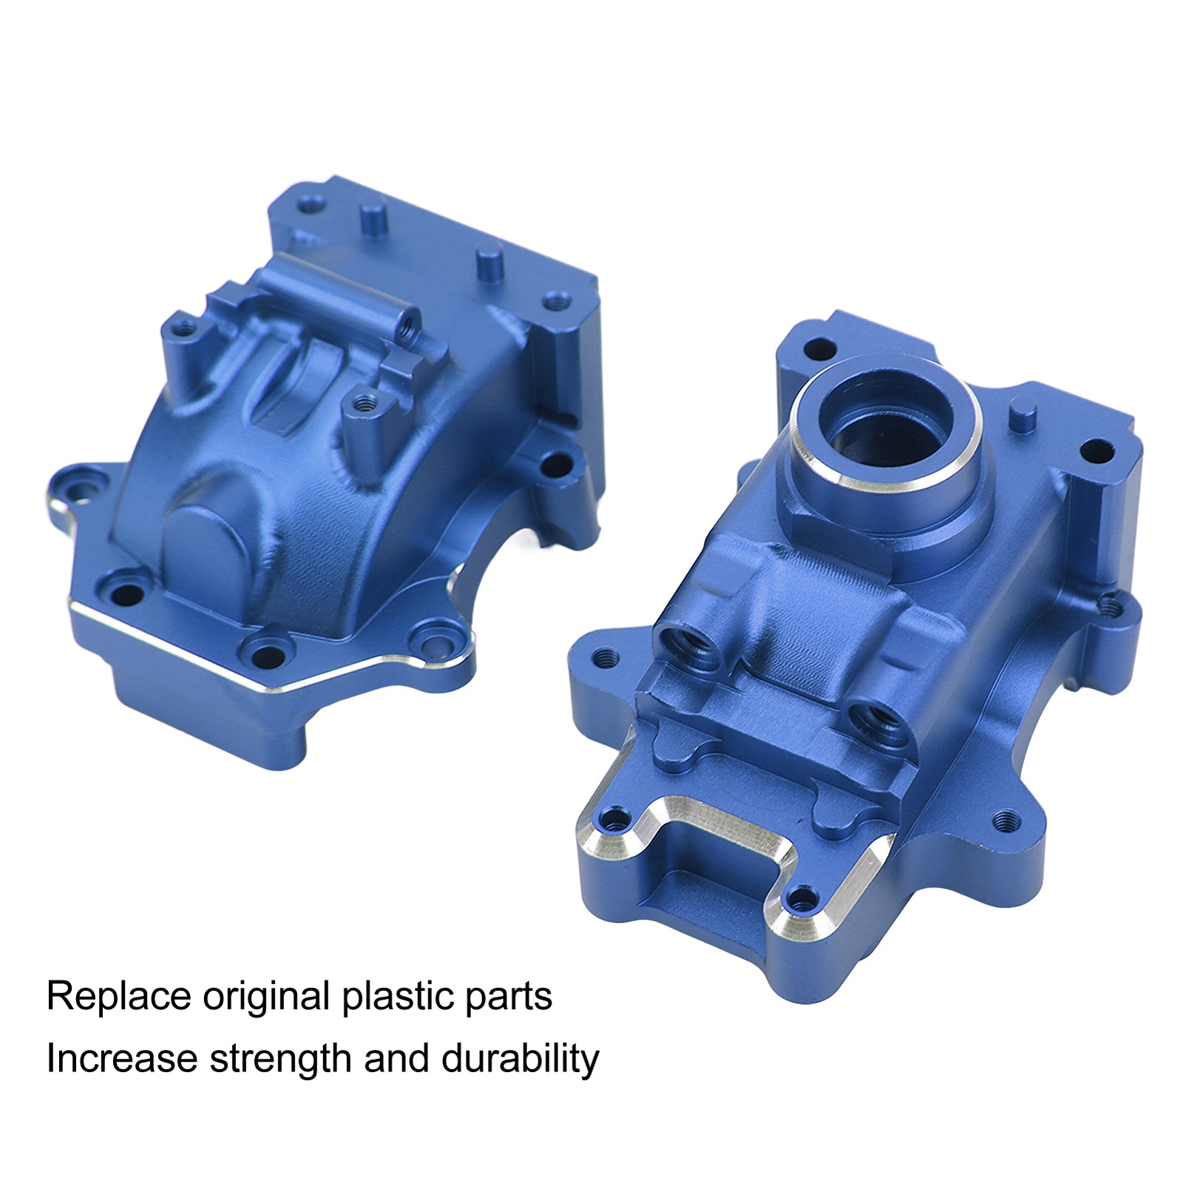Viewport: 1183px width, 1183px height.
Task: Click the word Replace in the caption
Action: [x=118, y=997]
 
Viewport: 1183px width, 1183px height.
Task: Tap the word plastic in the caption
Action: [x=393, y=997]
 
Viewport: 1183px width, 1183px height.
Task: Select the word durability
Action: [x=520, y=1059]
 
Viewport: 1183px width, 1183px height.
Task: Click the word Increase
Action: [x=122, y=1059]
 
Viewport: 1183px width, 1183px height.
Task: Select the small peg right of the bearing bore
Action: [x=1023, y=412]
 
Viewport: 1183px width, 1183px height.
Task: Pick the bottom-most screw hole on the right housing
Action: [x=798, y=901]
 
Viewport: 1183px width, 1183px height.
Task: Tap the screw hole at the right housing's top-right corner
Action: [x=1097, y=450]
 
